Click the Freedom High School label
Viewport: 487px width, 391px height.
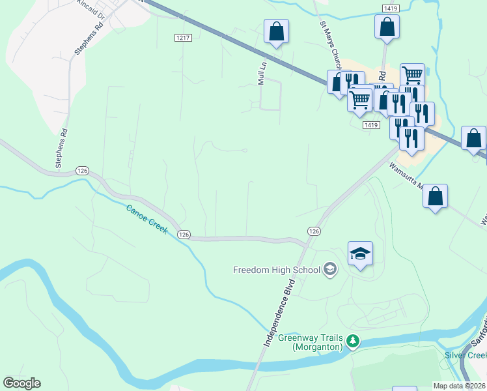click(277, 270)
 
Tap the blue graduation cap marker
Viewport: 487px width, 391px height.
click(360, 253)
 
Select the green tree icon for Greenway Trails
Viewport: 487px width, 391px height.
click(353, 341)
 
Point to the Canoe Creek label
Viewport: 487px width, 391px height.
click(146, 220)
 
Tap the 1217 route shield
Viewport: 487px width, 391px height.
click(183, 38)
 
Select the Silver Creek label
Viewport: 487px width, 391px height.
click(466, 355)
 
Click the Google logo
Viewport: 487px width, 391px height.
click(21, 383)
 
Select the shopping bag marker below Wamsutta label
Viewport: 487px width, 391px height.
click(435, 195)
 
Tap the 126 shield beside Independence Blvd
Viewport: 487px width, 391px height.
click(314, 231)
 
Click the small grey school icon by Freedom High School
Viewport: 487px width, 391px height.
click(330, 270)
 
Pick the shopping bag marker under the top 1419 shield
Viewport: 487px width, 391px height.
click(387, 27)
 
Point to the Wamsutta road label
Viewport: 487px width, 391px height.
click(407, 175)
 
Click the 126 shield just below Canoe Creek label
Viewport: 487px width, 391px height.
click(184, 234)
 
